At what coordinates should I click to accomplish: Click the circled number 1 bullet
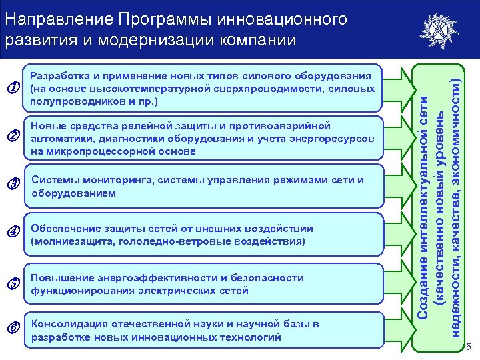click(11, 87)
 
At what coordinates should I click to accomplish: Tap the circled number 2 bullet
click(11, 136)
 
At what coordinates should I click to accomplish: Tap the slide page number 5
click(469, 347)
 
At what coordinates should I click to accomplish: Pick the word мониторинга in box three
click(107, 180)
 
